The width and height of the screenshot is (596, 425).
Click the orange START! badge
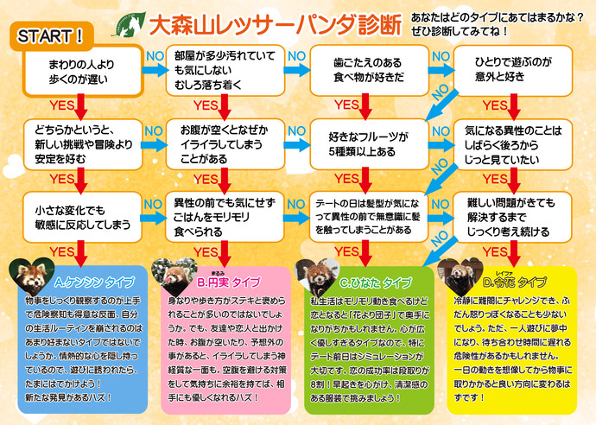coord(51,36)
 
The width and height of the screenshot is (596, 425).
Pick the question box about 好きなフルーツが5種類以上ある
coord(367,143)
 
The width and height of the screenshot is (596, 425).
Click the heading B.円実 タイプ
coord(229,282)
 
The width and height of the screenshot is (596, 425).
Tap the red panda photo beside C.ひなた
coord(316,275)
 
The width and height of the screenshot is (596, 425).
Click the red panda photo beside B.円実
coord(172,274)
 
